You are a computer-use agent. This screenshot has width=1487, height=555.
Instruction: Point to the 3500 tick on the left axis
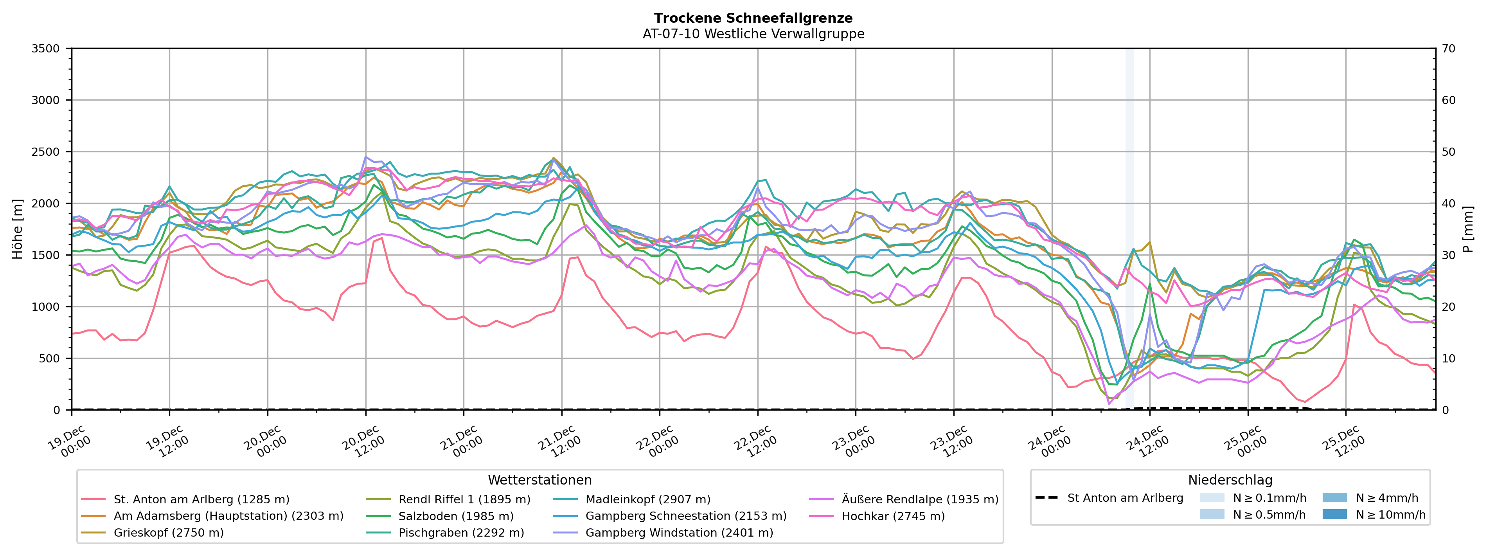click(x=46, y=49)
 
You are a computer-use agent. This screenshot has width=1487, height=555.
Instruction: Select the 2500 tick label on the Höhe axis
click(x=46, y=152)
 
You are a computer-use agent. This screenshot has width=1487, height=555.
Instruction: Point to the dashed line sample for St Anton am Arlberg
click(x=1046, y=498)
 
